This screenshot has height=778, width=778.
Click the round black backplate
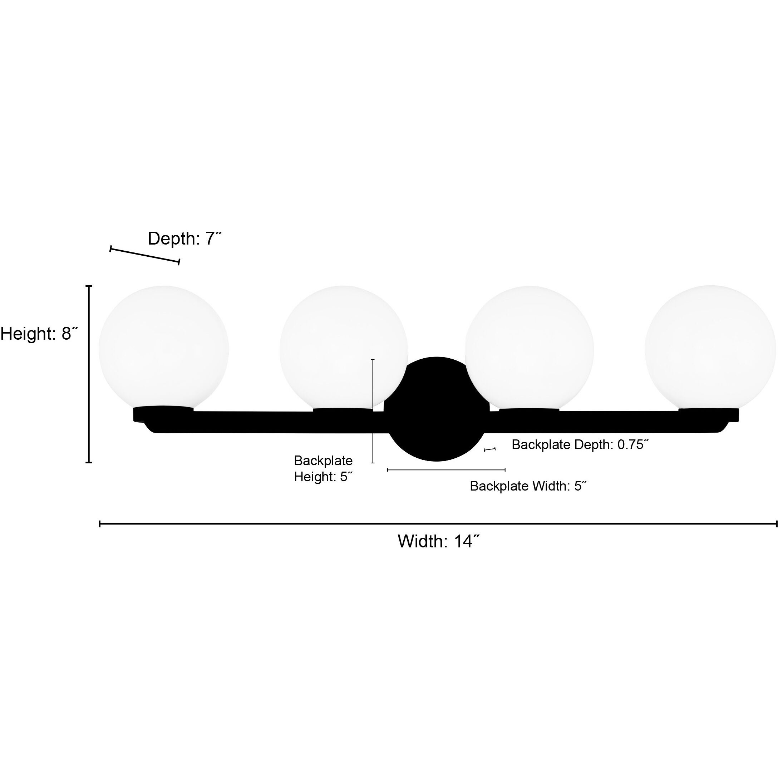pos(437,409)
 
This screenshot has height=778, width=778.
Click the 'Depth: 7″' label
pos(185,238)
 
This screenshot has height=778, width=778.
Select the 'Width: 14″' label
pos(439,541)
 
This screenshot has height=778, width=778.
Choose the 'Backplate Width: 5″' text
pos(528,486)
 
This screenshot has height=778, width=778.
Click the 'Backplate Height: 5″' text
pos(323,469)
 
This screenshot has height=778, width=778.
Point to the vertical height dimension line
pos(89,374)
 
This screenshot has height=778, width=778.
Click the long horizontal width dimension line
pos(438,524)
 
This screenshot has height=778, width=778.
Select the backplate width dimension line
pos(446,469)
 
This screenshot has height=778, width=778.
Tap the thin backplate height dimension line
pos(373,411)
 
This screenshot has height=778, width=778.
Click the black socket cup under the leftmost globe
pos(163,414)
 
